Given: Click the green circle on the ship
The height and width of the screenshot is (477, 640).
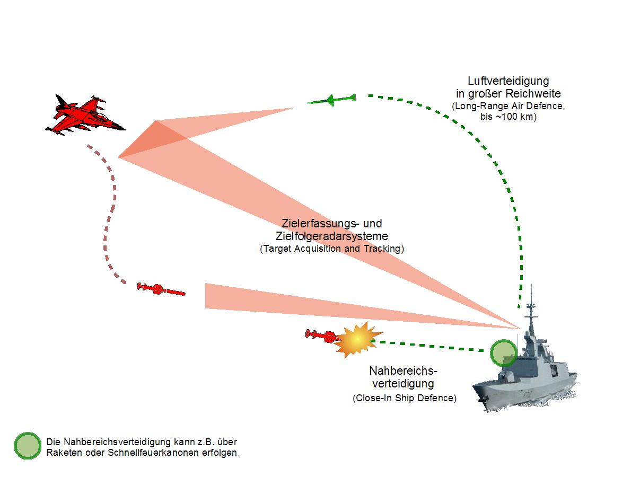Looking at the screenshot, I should (x=503, y=353).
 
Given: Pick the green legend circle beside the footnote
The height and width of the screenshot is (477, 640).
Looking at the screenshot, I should (x=28, y=446).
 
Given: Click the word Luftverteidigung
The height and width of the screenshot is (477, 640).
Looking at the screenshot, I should (x=508, y=81).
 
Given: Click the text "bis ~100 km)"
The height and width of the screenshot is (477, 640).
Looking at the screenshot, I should (x=508, y=117).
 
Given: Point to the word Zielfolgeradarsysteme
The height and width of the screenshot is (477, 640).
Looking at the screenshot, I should (x=331, y=236).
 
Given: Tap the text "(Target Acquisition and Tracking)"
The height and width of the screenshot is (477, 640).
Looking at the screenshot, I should (x=332, y=249).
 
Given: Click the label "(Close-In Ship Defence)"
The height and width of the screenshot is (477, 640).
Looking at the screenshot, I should (x=404, y=398).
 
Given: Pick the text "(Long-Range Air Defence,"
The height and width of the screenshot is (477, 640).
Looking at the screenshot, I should (x=508, y=107).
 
